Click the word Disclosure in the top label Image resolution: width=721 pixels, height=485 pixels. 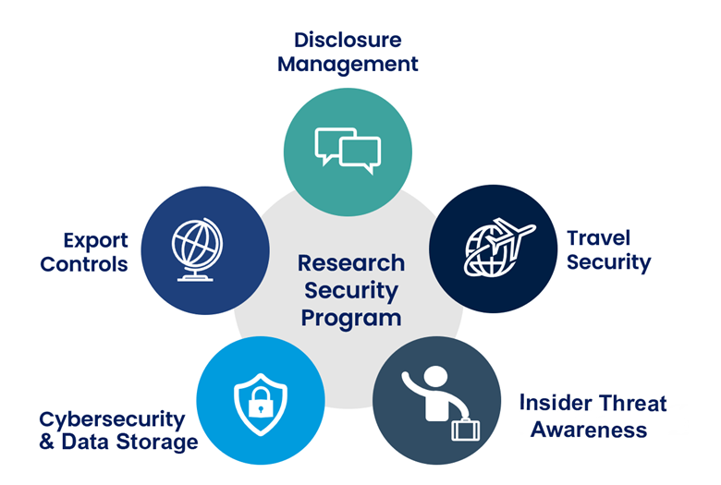(348, 40)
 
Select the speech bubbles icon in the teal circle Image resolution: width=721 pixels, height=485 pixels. (348, 150)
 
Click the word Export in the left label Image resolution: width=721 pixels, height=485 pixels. (95, 240)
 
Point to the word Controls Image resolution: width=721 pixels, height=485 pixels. (84, 264)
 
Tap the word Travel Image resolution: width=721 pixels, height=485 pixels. (598, 237)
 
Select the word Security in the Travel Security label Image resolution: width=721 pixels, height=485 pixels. (608, 262)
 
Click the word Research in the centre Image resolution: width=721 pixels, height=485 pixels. (351, 263)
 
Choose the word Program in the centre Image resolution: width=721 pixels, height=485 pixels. (350, 319)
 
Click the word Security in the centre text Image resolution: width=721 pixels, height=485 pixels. (350, 291)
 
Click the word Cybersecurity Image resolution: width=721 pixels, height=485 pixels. (112, 418)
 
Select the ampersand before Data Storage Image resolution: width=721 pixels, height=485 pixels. (47, 443)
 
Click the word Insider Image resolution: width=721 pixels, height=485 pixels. (553, 404)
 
